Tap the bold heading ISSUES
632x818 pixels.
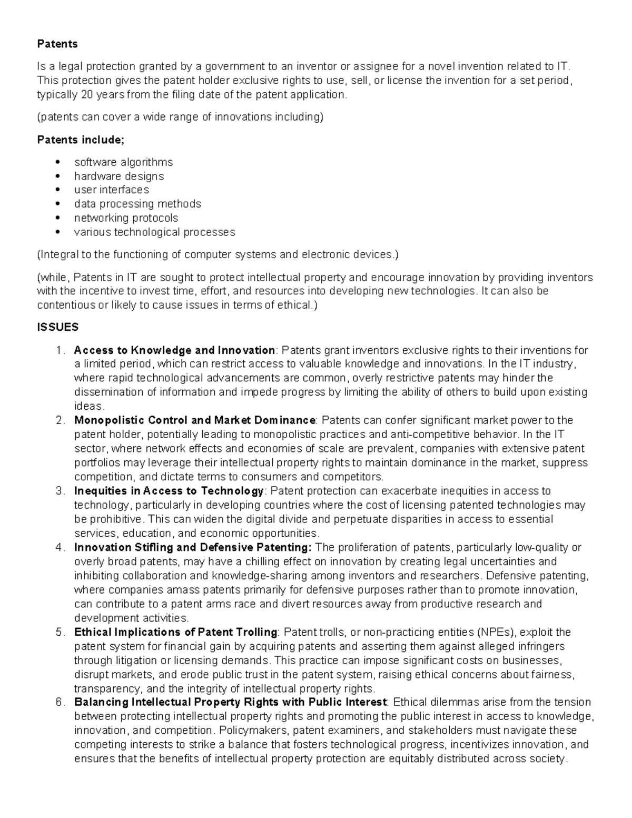57,327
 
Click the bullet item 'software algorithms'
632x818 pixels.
123,162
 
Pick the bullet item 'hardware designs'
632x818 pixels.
118,176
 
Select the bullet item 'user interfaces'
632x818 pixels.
111,190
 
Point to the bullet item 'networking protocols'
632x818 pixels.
126,218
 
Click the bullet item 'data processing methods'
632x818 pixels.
137,204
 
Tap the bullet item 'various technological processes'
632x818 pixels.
154,232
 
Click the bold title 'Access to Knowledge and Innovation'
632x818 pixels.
174,350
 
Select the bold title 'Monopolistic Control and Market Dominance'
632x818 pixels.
194,420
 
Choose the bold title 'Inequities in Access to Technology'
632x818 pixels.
169,491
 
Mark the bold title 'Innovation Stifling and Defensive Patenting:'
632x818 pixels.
193,547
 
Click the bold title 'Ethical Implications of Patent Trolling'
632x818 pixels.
175,632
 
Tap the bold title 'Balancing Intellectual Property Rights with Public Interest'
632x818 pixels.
231,702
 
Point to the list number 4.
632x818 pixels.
60,547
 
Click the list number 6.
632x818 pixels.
60,702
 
